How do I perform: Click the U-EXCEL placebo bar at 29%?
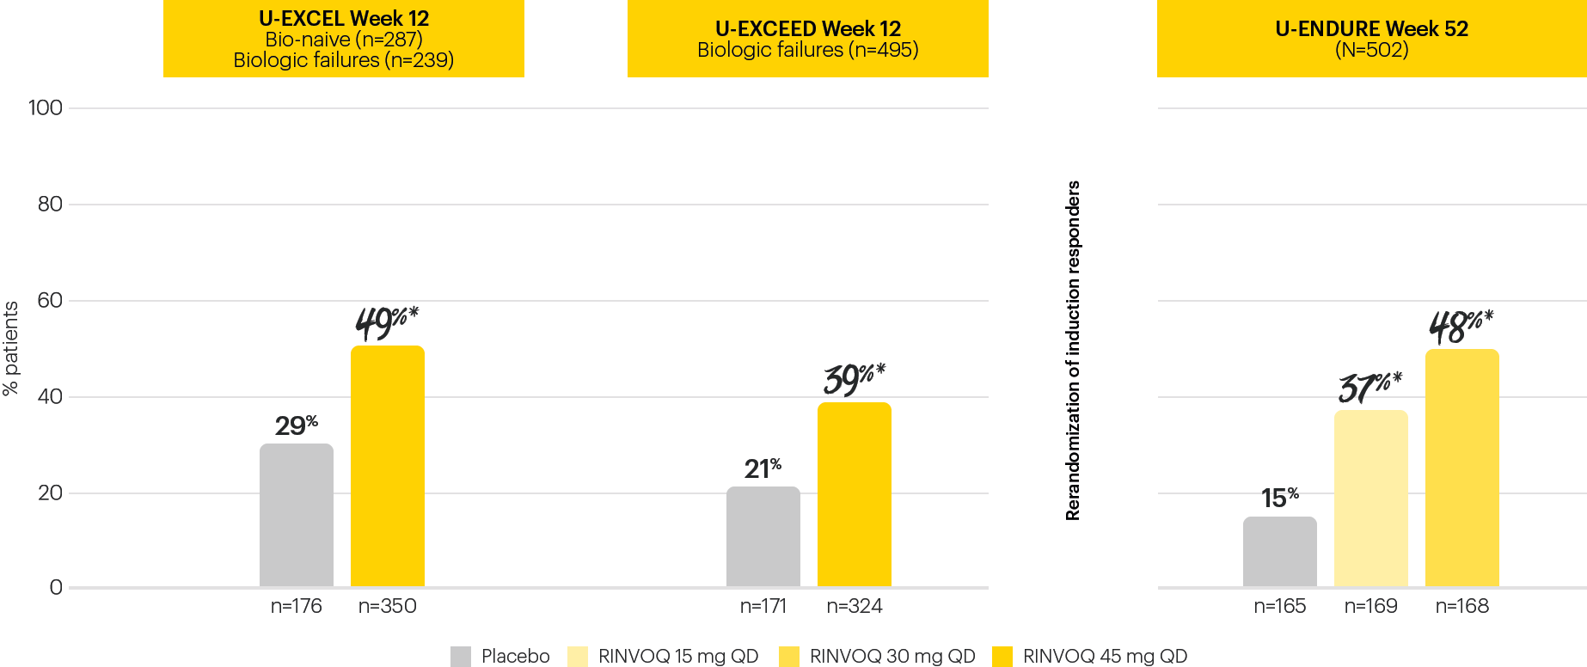296,515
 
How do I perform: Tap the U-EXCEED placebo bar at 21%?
763,536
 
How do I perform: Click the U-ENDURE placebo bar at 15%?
1279,552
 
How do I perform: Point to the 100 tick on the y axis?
46,108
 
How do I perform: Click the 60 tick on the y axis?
50,301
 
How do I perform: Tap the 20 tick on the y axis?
50,493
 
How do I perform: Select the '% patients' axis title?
11,349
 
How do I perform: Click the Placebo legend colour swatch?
461,657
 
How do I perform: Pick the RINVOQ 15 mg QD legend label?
678,657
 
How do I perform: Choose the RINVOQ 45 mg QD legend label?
1105,657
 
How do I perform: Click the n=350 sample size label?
387,606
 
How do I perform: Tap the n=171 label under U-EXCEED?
763,606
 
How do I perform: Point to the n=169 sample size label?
1370,606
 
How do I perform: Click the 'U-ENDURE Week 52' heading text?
1371,28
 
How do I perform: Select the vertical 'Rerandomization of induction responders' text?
1073,351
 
